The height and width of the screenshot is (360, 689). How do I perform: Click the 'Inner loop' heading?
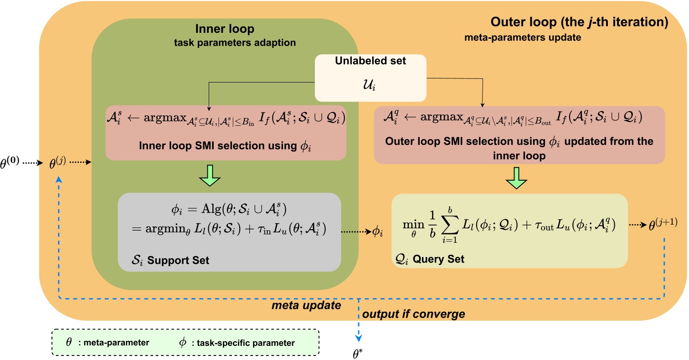point(224,29)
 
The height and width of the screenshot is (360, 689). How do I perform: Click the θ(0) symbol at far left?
point(16,162)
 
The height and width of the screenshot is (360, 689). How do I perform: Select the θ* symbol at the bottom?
point(359,350)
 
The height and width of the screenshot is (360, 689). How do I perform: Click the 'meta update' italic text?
point(306,306)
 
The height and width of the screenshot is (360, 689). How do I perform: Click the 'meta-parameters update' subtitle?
point(523,38)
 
